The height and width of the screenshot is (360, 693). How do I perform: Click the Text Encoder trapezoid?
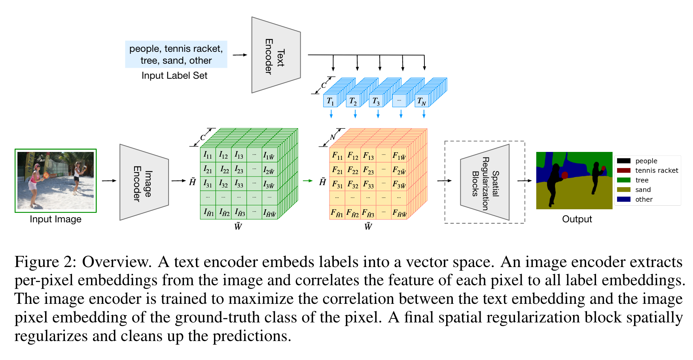coord(276,55)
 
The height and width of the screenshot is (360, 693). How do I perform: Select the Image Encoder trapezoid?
coord(144,182)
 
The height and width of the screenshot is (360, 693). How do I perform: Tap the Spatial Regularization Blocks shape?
coord(485,182)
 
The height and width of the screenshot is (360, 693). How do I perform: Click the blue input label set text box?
coord(176,54)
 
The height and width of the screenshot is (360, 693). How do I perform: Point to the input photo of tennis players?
coord(56,180)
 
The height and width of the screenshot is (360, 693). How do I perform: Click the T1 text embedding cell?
coord(330,101)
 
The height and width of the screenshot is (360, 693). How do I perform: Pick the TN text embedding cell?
coord(422,101)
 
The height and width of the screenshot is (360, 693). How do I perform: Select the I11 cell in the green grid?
coord(208,155)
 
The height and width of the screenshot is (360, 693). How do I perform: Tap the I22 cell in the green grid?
coord(224,170)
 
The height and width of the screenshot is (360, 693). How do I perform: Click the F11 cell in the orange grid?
coord(337,155)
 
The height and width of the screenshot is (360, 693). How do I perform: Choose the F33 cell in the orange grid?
coord(368,184)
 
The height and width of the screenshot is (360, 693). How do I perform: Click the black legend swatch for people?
coord(623,161)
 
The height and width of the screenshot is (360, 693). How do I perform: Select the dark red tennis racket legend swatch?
coord(623,171)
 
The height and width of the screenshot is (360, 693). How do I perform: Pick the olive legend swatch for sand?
coord(623,189)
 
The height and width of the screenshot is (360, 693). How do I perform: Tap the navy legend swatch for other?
coord(623,199)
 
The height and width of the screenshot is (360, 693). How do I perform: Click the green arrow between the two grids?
coord(308,181)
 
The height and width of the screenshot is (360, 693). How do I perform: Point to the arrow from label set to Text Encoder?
coord(240,55)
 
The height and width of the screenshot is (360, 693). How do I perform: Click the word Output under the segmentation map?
coord(577,219)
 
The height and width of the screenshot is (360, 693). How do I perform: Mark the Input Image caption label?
coord(55,219)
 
